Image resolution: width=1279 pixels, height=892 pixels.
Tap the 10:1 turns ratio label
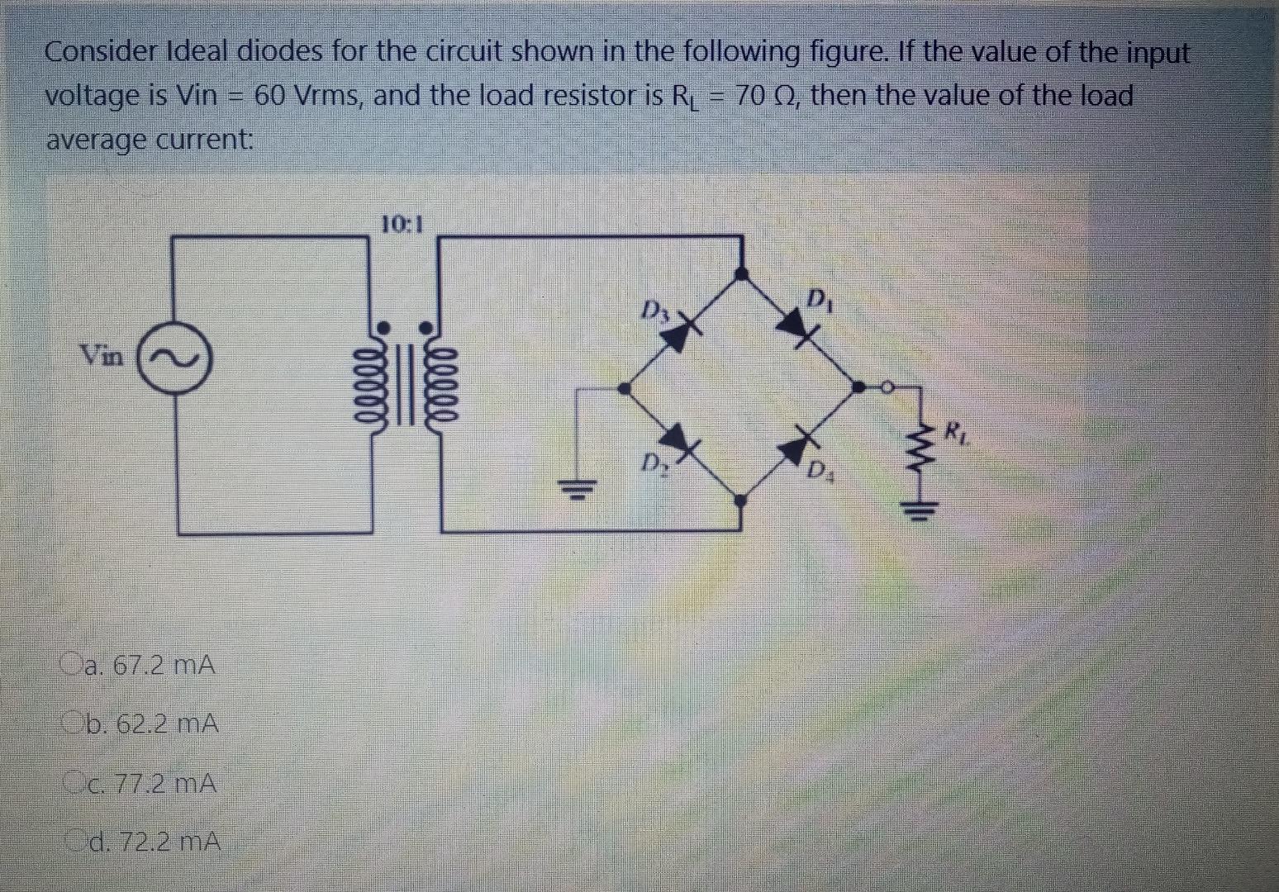click(402, 224)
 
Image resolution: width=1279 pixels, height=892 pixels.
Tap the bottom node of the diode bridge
click(741, 499)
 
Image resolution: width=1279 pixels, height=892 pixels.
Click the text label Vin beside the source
click(102, 356)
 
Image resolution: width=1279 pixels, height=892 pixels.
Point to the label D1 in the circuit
click(820, 297)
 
